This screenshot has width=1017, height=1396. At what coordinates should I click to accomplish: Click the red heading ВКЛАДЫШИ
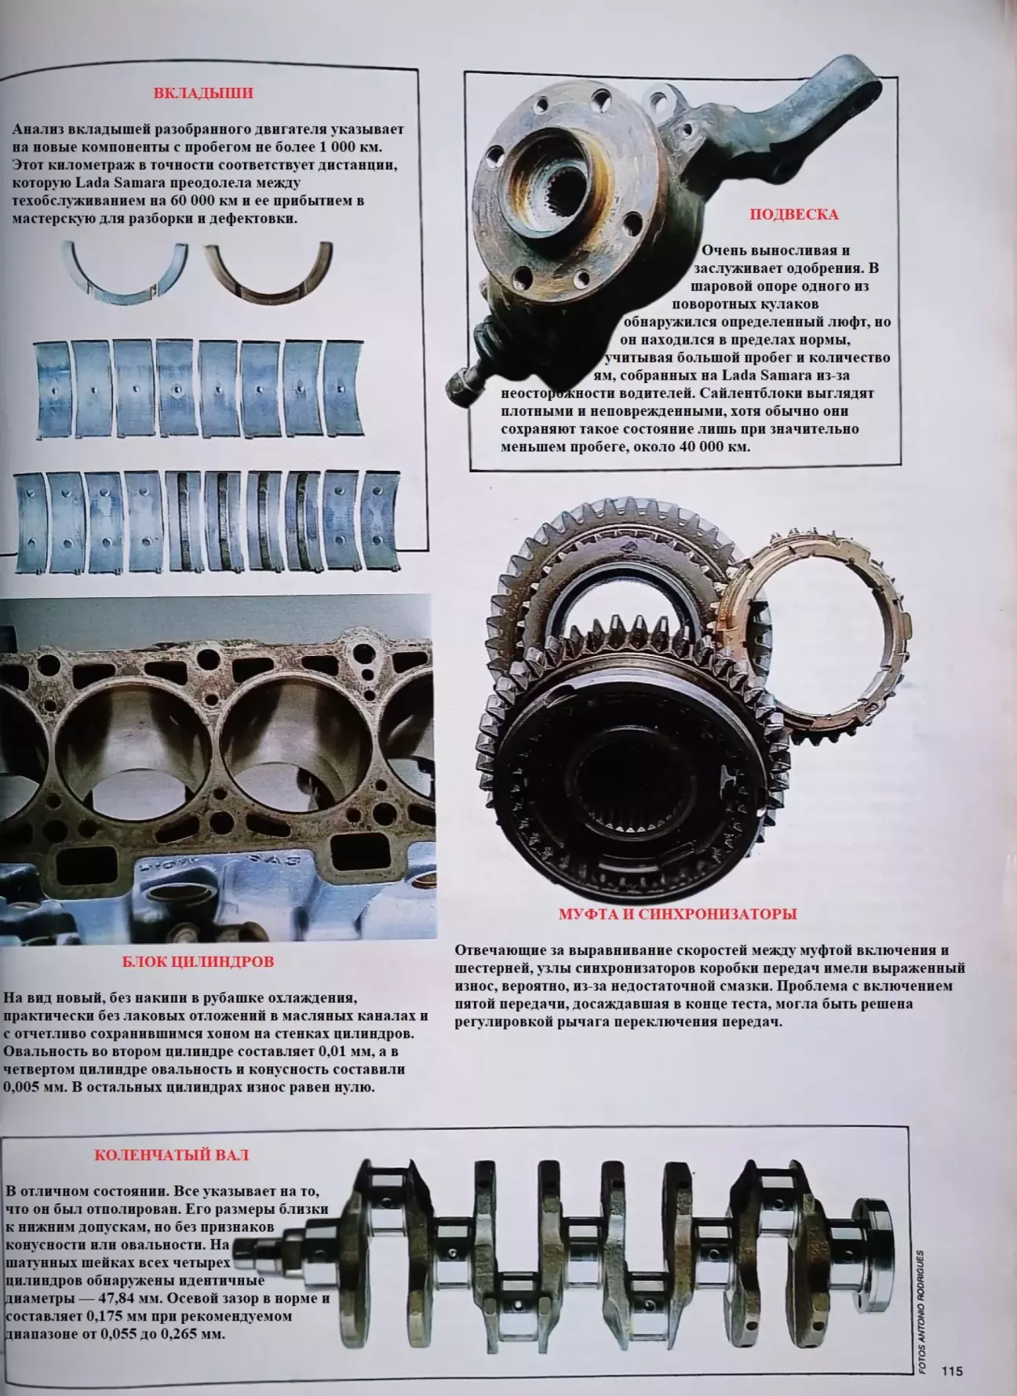click(x=203, y=93)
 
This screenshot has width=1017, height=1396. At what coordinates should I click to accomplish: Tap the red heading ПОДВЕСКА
click(x=794, y=214)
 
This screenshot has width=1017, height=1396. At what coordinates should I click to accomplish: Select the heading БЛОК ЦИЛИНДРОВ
click(x=199, y=961)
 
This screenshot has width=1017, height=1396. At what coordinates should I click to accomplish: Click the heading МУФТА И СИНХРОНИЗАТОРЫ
click(x=678, y=914)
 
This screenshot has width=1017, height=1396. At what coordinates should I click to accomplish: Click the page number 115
click(x=952, y=1372)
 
